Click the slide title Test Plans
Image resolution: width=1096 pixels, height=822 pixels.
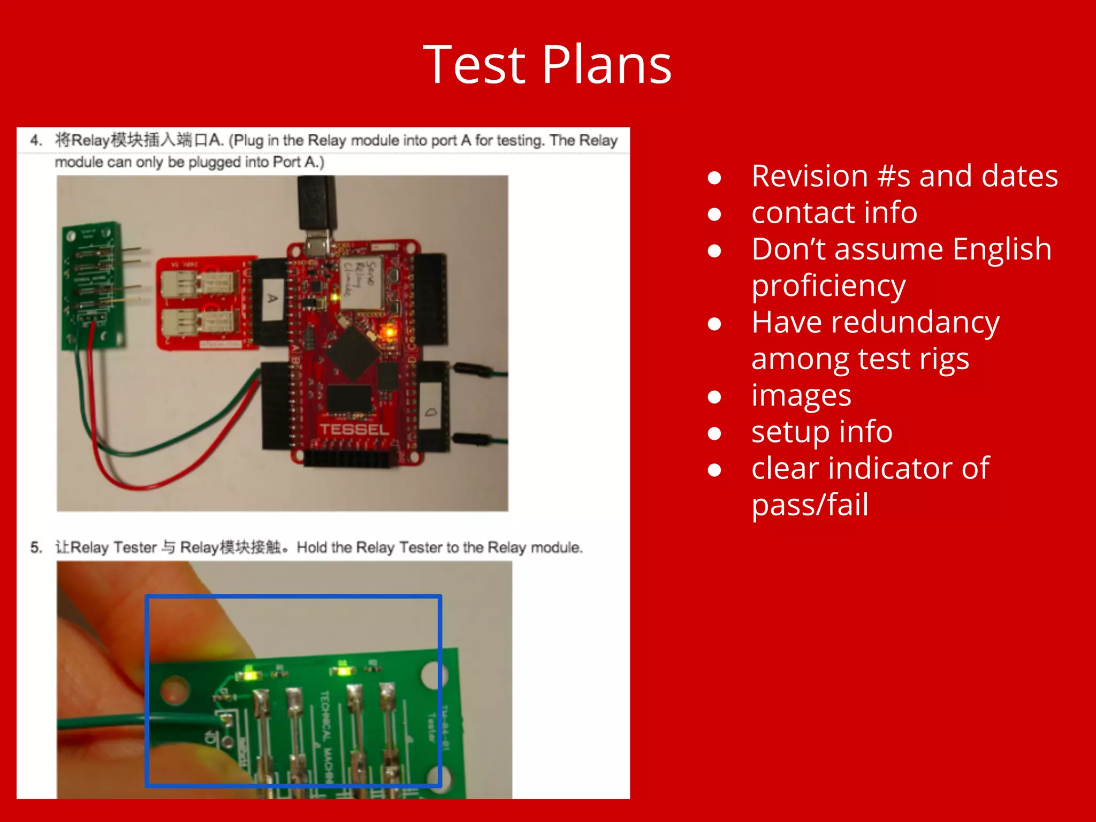(x=547, y=65)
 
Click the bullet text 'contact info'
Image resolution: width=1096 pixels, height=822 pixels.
(x=834, y=212)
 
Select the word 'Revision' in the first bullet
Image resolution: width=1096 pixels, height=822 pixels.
(x=809, y=176)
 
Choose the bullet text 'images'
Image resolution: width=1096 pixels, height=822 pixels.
(x=801, y=395)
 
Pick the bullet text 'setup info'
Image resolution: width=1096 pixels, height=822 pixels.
(x=821, y=432)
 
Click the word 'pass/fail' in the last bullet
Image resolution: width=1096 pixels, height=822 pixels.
(x=809, y=505)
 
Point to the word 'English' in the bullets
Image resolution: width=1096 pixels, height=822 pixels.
(x=1002, y=249)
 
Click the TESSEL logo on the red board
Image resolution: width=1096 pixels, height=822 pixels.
(x=354, y=430)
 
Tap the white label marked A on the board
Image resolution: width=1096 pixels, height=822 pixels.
(x=273, y=298)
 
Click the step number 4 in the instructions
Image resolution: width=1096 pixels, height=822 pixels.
(x=35, y=140)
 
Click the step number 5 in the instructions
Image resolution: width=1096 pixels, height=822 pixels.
(x=35, y=547)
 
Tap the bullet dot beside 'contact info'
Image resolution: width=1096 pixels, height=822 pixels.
(x=714, y=214)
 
